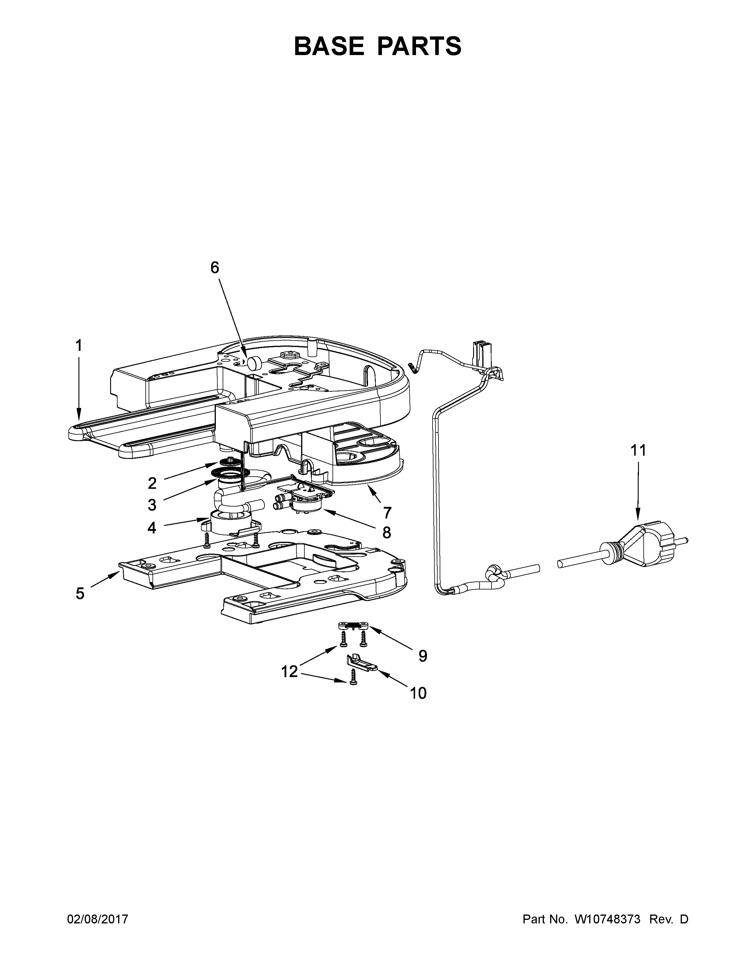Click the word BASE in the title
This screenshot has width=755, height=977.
(329, 46)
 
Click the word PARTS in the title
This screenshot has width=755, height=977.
(419, 46)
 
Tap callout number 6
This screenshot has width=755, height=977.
(215, 268)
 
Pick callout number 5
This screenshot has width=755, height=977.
(80, 594)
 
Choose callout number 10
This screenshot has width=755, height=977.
(418, 693)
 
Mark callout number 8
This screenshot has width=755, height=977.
(386, 532)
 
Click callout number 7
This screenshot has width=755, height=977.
(387, 512)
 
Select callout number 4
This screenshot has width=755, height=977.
(152, 528)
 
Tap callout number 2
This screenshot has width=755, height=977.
(152, 483)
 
